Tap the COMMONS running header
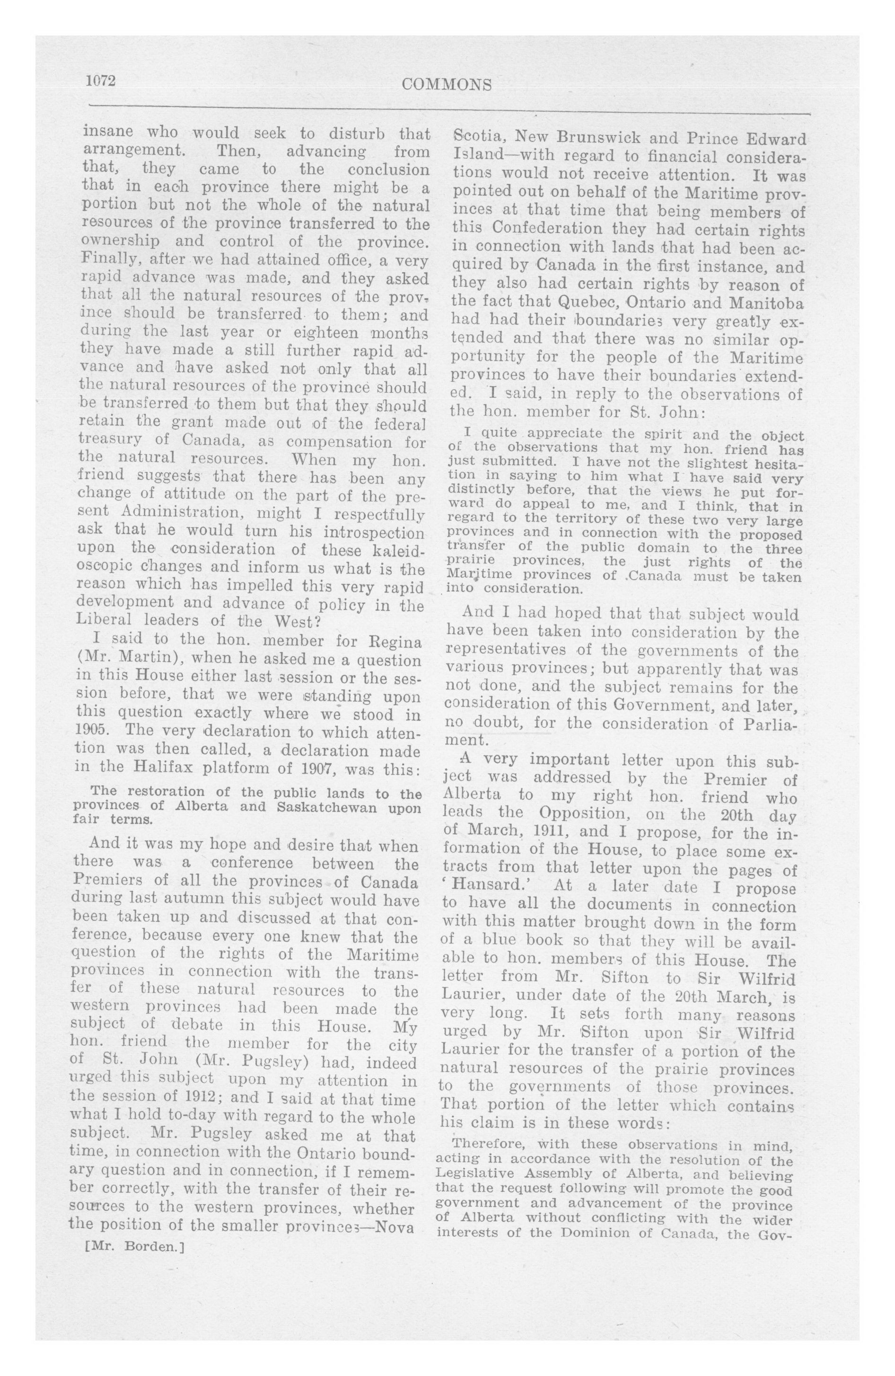coord(447,85)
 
